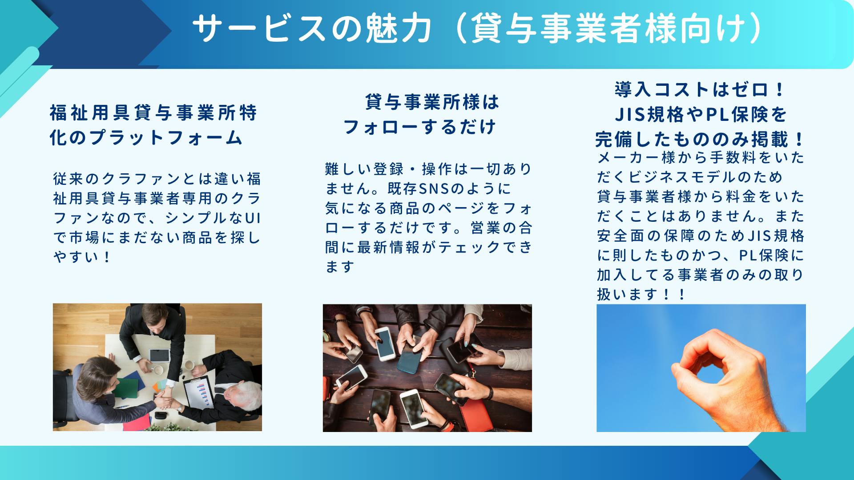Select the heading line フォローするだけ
click(419, 127)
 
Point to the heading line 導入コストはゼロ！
click(701, 90)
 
